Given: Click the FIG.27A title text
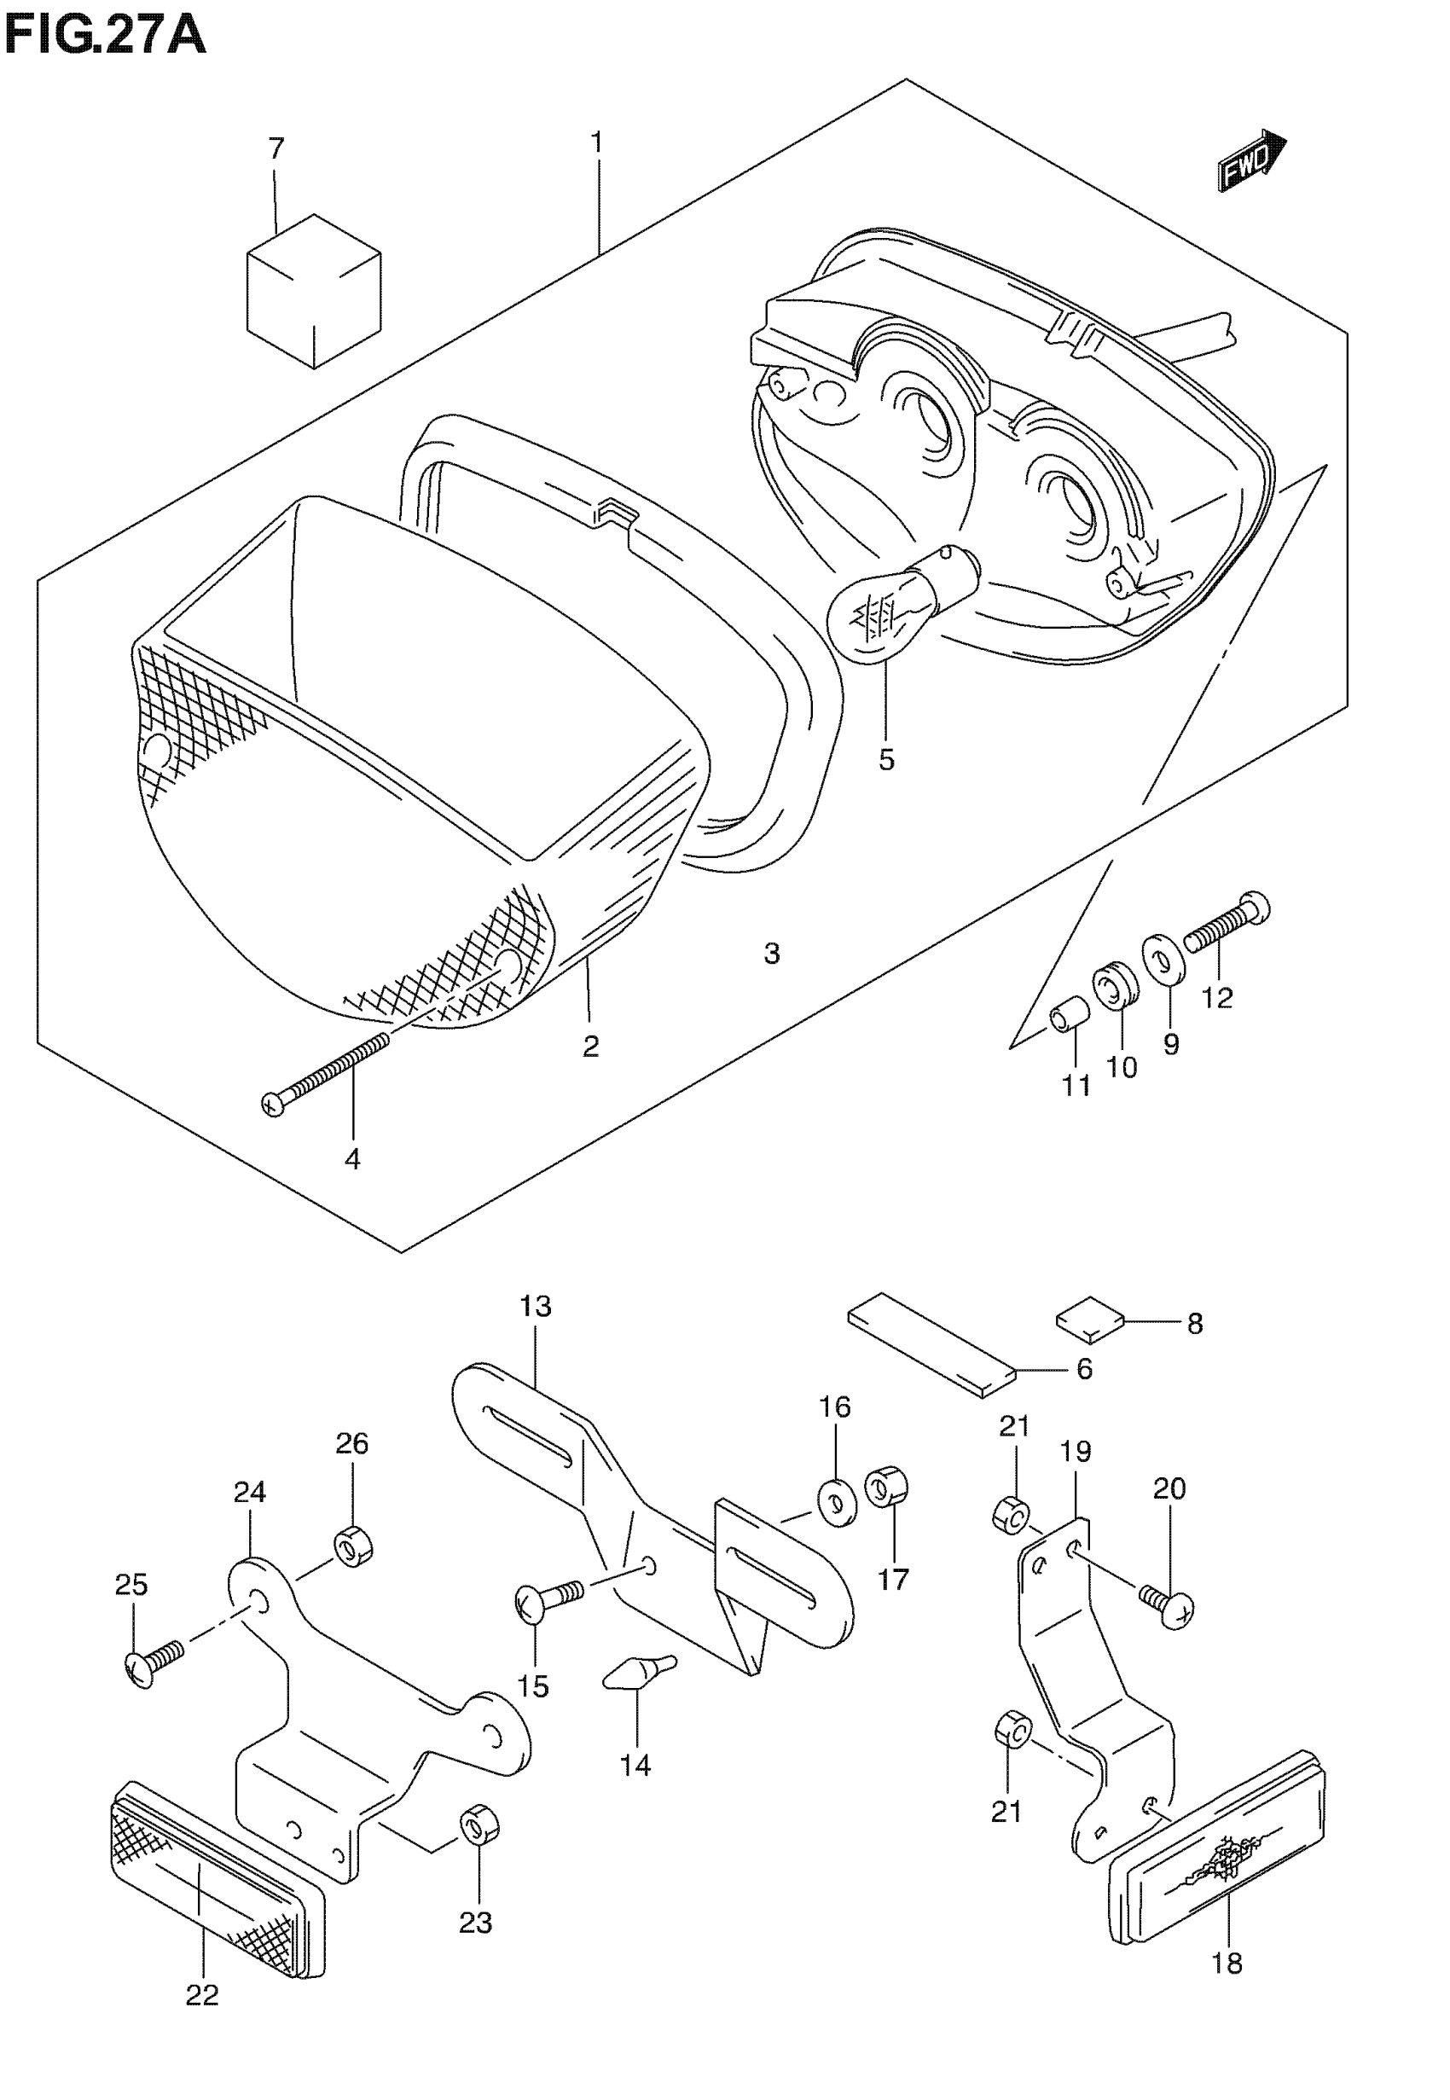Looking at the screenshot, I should pos(104,37).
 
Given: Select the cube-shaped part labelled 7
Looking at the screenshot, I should pos(313,291).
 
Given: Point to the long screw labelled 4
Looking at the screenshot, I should pos(327,1072).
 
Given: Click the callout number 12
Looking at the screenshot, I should pos(1216,997).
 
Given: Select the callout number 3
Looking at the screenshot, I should pos(771,954).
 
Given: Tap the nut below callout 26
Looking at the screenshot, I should pos(354,1546).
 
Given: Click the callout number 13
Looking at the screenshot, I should pos(535,1306).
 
